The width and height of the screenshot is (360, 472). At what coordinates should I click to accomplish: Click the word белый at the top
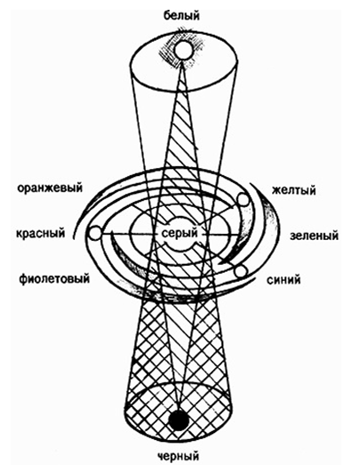(x=181, y=16)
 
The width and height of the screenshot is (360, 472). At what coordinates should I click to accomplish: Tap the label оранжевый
(x=50, y=188)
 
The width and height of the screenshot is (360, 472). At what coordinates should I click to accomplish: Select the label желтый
(x=294, y=190)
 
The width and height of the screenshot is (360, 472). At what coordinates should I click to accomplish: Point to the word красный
(x=41, y=233)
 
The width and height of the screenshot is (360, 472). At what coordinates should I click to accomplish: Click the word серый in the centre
(x=180, y=233)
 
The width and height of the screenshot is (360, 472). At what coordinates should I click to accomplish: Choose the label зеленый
(x=314, y=236)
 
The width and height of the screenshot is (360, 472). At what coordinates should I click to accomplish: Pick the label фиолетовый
(x=54, y=278)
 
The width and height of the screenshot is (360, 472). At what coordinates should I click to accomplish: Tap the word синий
(x=284, y=280)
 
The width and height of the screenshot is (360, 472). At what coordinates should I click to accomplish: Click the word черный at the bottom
(x=179, y=456)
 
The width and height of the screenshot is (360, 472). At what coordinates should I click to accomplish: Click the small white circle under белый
(x=183, y=50)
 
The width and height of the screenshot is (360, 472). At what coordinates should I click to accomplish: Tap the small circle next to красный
(x=95, y=233)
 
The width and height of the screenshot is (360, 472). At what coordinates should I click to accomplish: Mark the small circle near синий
(x=241, y=271)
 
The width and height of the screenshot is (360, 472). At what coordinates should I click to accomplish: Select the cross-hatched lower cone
(x=179, y=356)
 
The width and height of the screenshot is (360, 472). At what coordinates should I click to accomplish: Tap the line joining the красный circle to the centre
(x=131, y=234)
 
